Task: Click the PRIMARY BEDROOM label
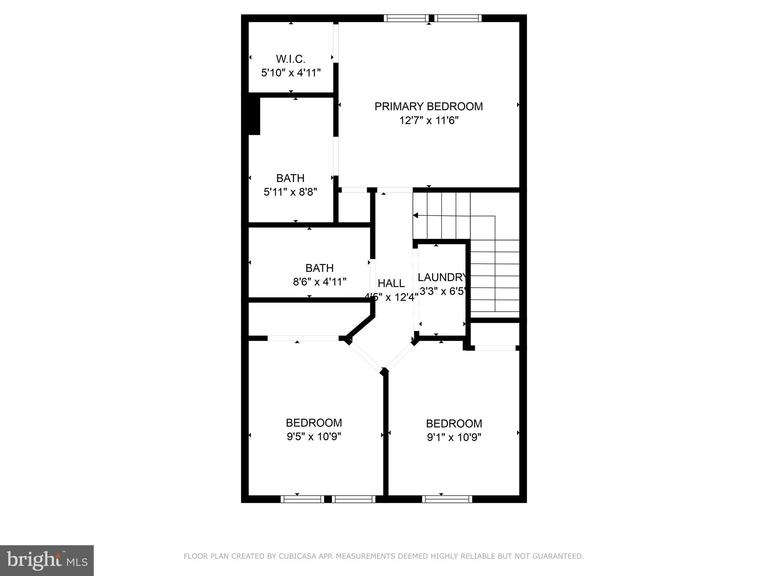429,106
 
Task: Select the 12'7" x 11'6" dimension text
429,121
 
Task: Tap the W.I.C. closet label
291,59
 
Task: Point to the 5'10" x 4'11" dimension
291,73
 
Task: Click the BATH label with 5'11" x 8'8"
290,178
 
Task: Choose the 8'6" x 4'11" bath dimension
319,282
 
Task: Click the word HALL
391,283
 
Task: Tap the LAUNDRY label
442,277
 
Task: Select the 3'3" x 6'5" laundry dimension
442,291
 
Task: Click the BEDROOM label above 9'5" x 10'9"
314,423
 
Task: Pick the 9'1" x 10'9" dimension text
454,438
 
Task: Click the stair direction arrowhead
415,215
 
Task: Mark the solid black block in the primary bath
254,116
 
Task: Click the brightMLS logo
47,561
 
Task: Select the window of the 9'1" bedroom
447,499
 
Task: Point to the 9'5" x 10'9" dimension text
314,437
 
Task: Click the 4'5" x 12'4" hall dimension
391,297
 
